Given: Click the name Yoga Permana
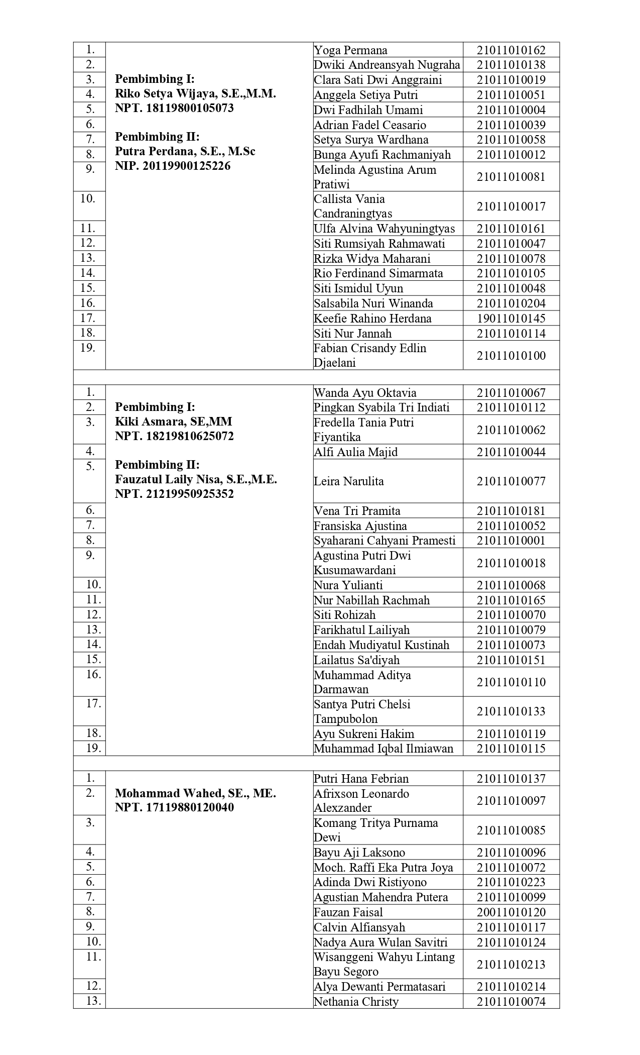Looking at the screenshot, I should click(350, 50).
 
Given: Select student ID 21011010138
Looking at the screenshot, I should click(510, 65).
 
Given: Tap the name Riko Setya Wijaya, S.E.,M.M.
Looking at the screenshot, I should click(195, 93).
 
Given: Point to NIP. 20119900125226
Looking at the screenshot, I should click(173, 166).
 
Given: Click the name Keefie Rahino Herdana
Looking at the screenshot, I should click(372, 319).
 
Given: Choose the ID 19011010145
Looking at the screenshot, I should click(510, 319).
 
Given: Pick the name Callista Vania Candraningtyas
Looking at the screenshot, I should click(353, 206).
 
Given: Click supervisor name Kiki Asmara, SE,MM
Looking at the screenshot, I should click(173, 421).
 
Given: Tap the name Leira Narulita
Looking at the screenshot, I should click(349, 481).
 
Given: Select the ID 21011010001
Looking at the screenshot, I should click(510, 541).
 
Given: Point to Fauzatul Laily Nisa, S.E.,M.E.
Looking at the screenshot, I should click(196, 479).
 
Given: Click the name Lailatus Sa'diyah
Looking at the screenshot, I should click(356, 660).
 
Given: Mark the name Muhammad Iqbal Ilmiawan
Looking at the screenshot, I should click(383, 749).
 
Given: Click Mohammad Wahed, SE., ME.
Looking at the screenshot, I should click(195, 794).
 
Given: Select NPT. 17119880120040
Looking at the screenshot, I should click(174, 808).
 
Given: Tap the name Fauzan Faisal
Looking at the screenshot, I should click(348, 912).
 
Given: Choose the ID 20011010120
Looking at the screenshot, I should click(510, 912).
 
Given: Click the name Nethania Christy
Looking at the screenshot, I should click(356, 1002).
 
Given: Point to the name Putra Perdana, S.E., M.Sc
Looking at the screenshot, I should click(185, 151).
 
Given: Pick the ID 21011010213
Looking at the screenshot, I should click(510, 964).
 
